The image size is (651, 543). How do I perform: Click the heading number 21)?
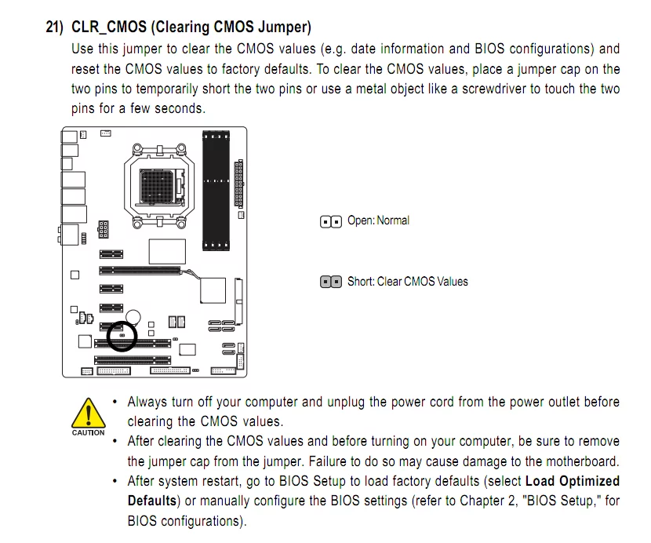tap(54, 27)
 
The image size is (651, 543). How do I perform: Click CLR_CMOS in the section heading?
tap(109, 27)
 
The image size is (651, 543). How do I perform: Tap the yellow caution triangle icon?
tap(89, 413)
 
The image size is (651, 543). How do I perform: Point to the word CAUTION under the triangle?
tap(89, 432)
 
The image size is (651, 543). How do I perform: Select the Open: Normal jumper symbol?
tap(331, 222)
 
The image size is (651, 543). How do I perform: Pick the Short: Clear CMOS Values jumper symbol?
tap(331, 282)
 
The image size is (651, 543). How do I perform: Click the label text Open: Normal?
tap(378, 220)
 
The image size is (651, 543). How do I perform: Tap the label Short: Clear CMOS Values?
tap(408, 282)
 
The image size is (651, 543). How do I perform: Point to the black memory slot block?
tap(216, 191)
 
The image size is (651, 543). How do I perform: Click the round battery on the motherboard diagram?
tap(133, 317)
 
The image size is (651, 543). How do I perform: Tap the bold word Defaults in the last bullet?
tap(152, 501)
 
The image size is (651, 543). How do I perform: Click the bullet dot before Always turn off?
tap(115, 403)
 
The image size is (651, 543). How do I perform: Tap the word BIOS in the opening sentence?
tap(490, 49)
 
